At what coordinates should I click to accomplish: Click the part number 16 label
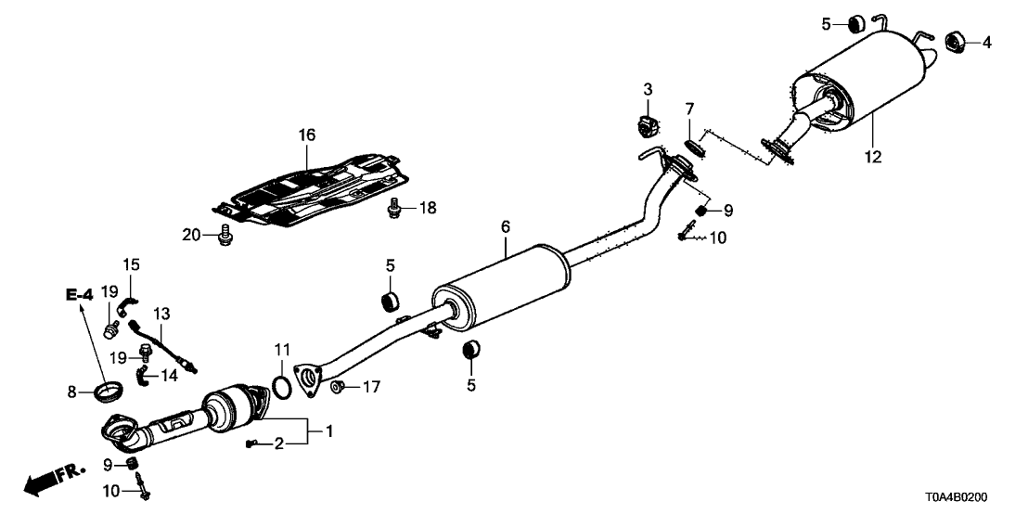tap(307, 135)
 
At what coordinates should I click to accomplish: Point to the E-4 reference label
tap(80, 295)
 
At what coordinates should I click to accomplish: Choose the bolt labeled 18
tap(396, 210)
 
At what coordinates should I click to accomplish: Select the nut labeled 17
tap(340, 385)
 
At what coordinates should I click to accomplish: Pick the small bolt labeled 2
tap(251, 445)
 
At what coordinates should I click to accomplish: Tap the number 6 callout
tap(505, 225)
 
